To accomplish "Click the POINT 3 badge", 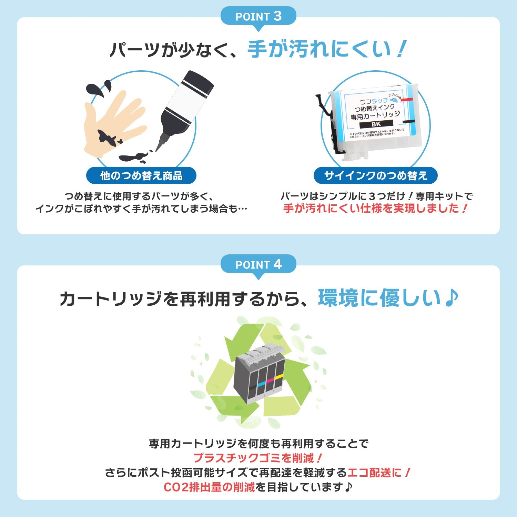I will pyautogui.click(x=258, y=16).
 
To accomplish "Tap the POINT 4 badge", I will pyautogui.click(x=258, y=264).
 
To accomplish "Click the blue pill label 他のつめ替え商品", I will pyautogui.click(x=141, y=176).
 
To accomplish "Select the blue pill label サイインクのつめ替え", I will pyautogui.click(x=375, y=176).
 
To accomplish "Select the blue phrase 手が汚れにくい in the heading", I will pyautogui.click(x=319, y=49).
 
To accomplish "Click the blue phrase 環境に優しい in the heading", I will pyautogui.click(x=379, y=298).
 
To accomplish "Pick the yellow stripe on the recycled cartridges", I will pyautogui.click(x=279, y=376).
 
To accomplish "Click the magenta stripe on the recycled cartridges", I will pyautogui.click(x=271, y=380).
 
